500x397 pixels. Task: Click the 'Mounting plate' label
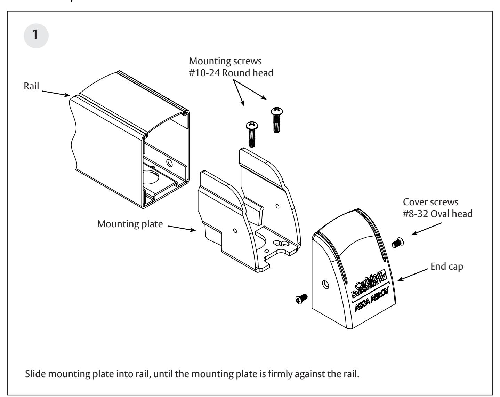coord(130,223)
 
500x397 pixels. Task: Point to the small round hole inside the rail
coord(170,162)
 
